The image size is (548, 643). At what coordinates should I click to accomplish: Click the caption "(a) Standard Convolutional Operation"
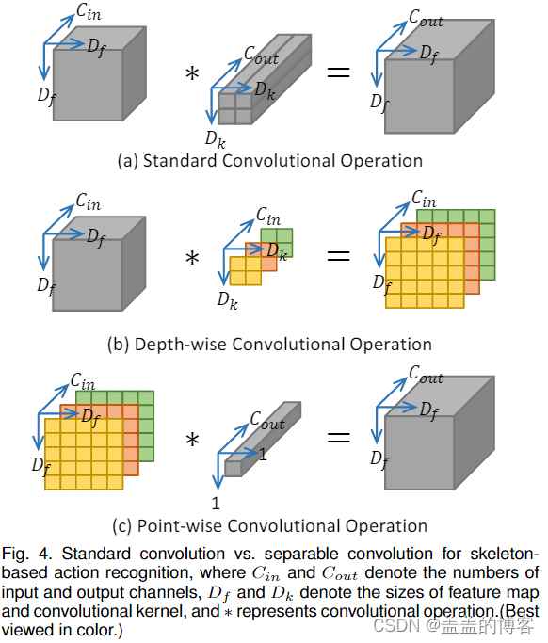[x=269, y=160]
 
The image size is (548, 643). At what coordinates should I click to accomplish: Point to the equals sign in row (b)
[x=338, y=256]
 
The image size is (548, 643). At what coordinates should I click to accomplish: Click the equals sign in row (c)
[x=338, y=438]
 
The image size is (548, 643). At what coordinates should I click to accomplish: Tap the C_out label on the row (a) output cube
[x=426, y=18]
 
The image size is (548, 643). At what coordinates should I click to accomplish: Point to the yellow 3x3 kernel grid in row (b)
[x=244, y=270]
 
